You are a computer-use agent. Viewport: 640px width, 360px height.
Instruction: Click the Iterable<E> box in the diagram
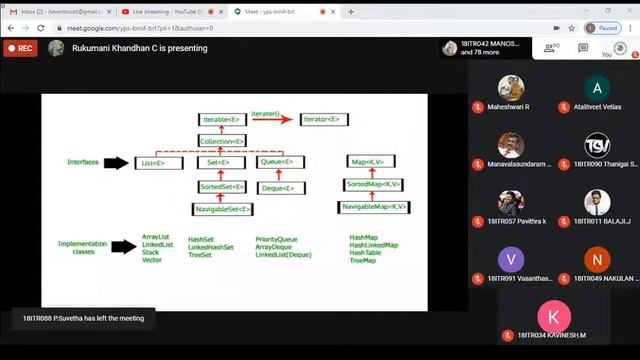click(x=222, y=120)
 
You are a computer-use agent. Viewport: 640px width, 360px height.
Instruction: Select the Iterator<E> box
click(x=326, y=120)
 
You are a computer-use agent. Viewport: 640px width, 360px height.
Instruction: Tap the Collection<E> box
click(x=222, y=141)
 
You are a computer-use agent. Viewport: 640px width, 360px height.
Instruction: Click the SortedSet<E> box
click(x=222, y=185)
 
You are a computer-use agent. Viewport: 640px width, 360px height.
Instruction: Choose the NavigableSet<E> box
click(x=222, y=209)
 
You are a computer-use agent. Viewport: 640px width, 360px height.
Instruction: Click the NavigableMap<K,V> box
click(x=372, y=207)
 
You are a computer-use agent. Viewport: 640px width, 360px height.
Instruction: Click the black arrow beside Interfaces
click(x=119, y=162)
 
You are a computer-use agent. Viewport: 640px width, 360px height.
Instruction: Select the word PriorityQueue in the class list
click(x=276, y=239)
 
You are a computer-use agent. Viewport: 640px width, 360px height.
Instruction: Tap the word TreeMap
click(x=364, y=260)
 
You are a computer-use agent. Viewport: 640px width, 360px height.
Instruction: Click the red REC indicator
click(x=20, y=47)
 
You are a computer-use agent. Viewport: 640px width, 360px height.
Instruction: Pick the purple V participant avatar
click(x=512, y=259)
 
